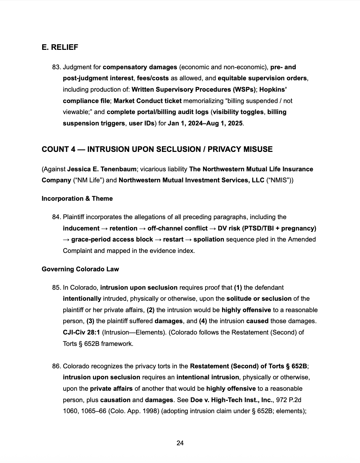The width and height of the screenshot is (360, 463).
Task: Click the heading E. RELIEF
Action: point(60,48)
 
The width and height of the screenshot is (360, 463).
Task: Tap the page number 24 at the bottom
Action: point(180,443)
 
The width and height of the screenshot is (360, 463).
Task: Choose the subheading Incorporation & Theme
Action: point(77,198)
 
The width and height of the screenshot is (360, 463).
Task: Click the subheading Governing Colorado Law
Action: point(80,269)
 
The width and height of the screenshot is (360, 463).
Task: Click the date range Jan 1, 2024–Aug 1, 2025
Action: point(205,123)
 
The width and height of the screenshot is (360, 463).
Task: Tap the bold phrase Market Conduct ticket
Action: point(148,101)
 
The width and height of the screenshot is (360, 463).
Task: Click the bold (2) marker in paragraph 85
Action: point(151,310)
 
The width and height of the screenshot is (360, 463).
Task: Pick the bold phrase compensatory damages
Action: point(140,67)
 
